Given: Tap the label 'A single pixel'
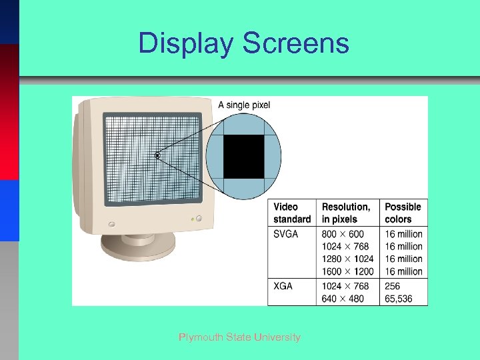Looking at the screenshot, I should (x=245, y=105).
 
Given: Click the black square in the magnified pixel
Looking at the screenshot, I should (x=243, y=156).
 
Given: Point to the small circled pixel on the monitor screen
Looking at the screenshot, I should (x=158, y=156).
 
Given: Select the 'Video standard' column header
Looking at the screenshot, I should (x=292, y=213).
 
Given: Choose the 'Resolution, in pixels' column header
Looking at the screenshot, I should (x=346, y=213).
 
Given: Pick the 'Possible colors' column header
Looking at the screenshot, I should (x=403, y=213).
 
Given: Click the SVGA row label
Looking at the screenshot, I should (x=286, y=234).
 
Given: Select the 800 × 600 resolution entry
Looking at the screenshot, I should (x=343, y=234).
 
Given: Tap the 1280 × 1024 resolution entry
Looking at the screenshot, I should (x=347, y=259).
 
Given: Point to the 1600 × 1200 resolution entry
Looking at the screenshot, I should (x=347, y=271).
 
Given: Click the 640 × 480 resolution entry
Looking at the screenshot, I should (x=343, y=299).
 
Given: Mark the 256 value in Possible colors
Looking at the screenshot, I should (x=393, y=286).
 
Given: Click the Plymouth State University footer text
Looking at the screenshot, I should (x=239, y=337).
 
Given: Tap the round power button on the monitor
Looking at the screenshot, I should (x=111, y=223).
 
